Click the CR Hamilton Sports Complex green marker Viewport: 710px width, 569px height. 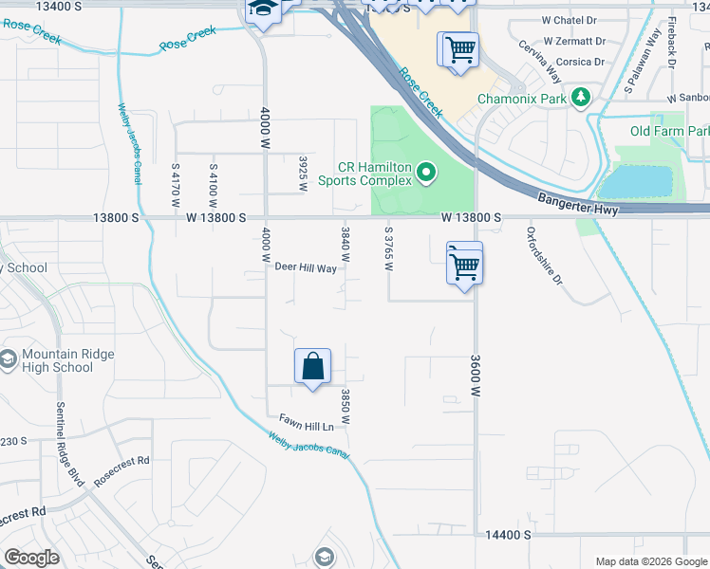426,173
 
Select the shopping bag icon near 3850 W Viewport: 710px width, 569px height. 313,367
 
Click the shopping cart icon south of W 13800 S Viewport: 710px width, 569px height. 464,265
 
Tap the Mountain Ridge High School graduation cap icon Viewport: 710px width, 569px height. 9,359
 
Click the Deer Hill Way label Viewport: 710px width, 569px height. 306,268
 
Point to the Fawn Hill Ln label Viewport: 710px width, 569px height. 307,426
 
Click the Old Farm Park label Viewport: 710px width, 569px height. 669,131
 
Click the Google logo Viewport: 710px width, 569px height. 31,558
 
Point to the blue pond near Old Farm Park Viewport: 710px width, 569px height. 636,180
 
